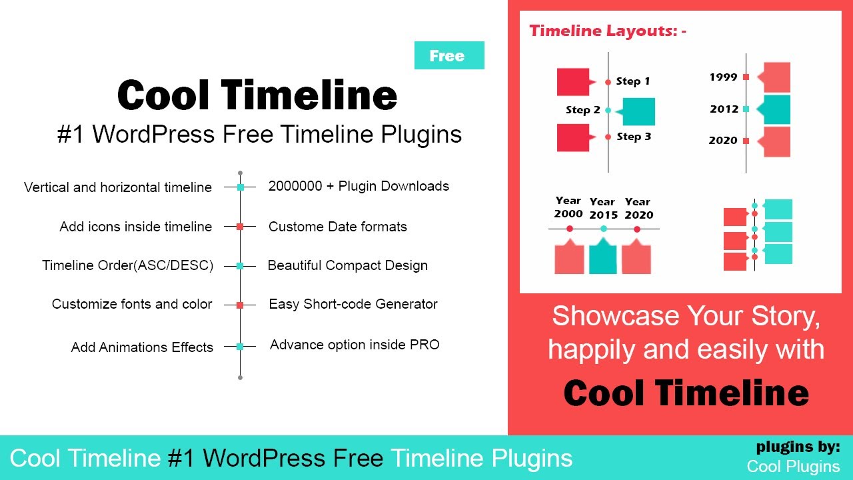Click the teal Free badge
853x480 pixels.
pos(449,55)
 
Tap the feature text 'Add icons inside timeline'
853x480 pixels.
pos(136,227)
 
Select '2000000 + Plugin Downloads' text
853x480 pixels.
pos(359,186)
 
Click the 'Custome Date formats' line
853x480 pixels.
pos(337,227)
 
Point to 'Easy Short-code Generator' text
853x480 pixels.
pos(353,304)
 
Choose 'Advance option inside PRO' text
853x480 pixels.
pos(355,345)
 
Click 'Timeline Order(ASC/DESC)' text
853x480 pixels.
pos(128,265)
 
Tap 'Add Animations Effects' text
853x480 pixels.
pos(142,347)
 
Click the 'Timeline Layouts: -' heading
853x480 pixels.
pos(608,31)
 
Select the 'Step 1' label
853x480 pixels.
pos(633,81)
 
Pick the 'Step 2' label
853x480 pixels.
pos(583,110)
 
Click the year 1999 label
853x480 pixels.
pos(723,77)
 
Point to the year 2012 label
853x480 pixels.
pos(724,109)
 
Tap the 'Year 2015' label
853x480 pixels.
pos(603,208)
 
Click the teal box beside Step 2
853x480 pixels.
pos(638,111)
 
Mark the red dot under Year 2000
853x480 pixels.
pos(569,229)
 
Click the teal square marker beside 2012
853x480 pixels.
pos(746,109)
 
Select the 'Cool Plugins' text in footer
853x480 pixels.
pos(793,466)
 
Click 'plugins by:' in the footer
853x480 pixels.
pos(798,447)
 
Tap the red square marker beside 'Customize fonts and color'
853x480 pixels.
pos(241,305)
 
